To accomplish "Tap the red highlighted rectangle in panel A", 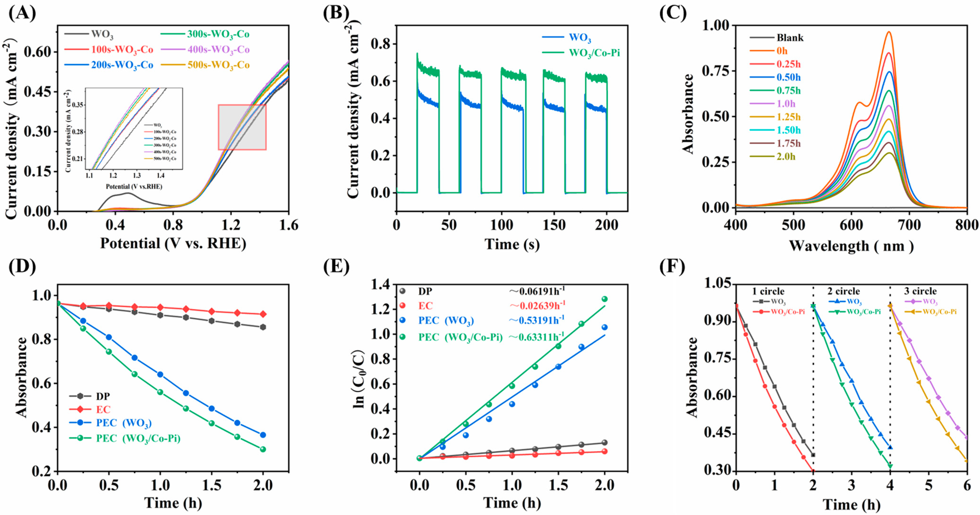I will [242, 127].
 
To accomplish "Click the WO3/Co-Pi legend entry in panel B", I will [594, 53].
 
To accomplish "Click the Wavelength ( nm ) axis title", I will [851, 246].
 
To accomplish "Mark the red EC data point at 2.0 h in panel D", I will [263, 314].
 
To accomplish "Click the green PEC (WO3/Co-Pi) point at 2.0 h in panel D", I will [263, 449].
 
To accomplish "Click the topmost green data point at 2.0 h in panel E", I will [604, 299].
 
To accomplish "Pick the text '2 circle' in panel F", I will [843, 291].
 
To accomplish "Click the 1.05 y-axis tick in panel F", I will [717, 283].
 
